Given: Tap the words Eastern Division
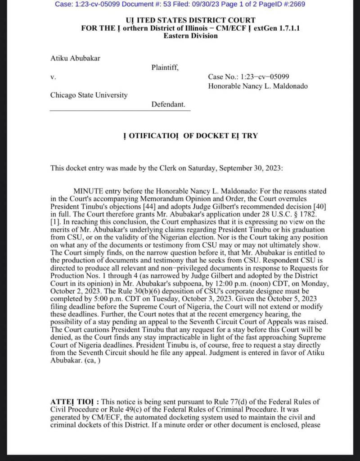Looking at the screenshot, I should (x=190, y=36).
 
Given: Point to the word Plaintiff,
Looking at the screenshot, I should (x=165, y=68).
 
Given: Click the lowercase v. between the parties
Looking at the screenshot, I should (x=53, y=77).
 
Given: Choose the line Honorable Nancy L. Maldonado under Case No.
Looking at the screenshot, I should (x=258, y=86).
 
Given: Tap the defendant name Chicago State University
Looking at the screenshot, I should (x=89, y=95).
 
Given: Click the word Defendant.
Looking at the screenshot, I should (x=168, y=104).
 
